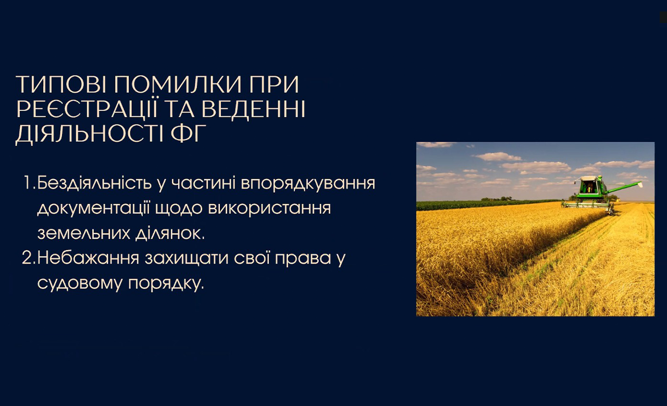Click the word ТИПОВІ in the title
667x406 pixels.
[61, 84]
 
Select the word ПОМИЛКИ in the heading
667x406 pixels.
[178, 84]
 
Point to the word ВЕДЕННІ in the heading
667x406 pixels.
[253, 109]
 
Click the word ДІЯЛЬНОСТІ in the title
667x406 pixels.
[89, 134]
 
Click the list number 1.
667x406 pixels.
[29, 183]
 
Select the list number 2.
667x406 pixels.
[29, 257]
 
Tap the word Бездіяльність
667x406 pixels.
[95, 182]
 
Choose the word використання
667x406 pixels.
[269, 208]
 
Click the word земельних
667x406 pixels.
[84, 233]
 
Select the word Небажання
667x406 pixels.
[89, 259]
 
